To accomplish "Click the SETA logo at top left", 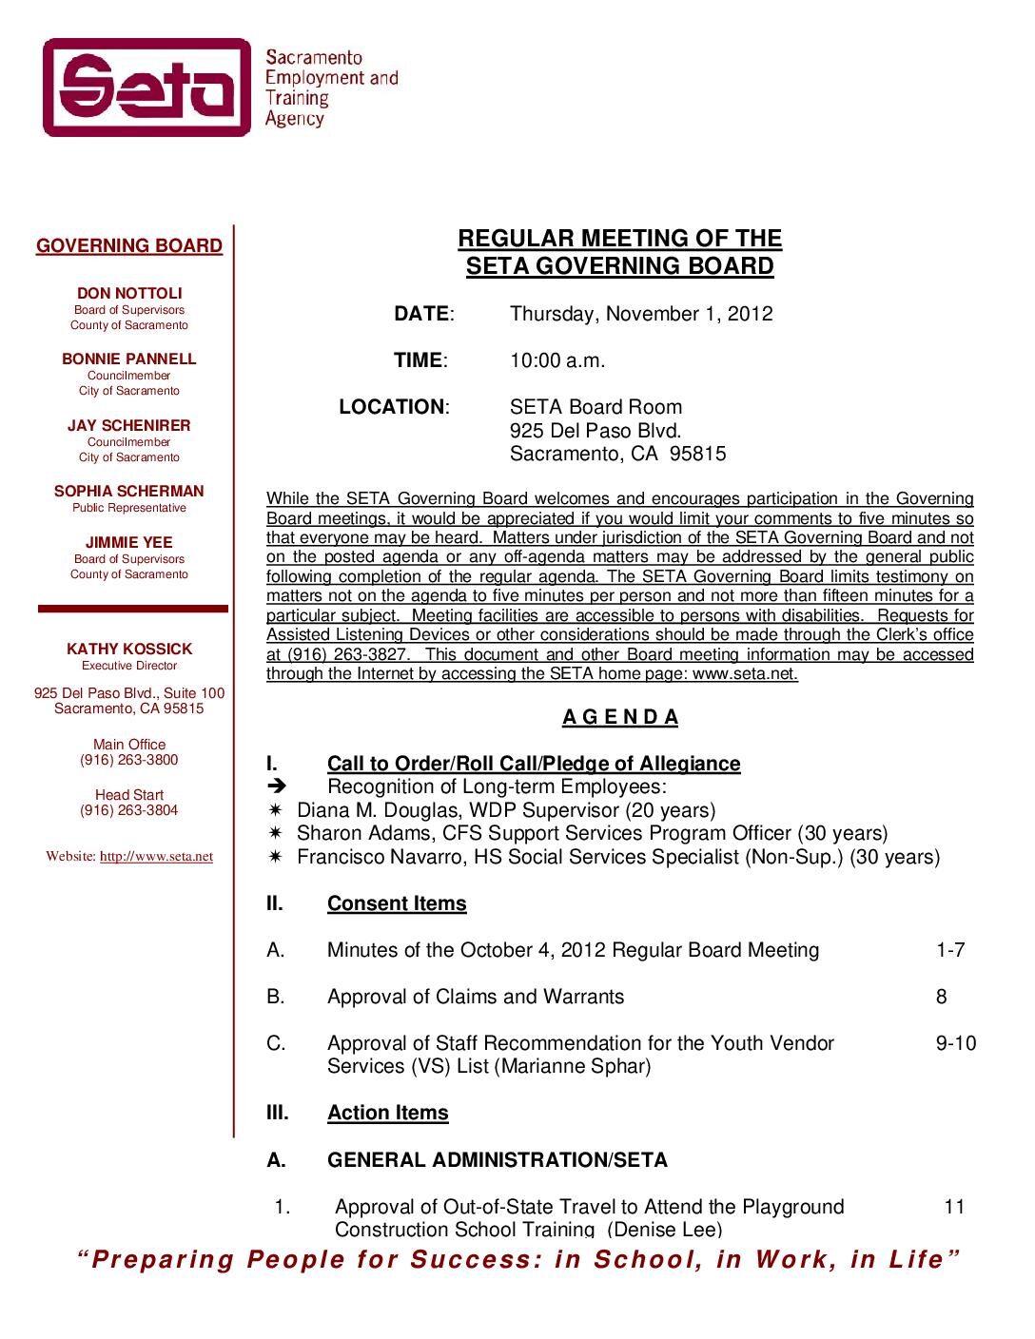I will (146, 87).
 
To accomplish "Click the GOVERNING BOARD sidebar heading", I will (129, 246).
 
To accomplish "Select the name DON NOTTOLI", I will (129, 294).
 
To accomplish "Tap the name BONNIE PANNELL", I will (129, 359).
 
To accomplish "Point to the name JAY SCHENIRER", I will (129, 426).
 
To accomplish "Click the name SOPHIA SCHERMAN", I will (129, 492).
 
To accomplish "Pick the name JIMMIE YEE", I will (129, 543).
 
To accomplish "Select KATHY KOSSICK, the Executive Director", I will (129, 650).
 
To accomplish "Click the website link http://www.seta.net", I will (156, 856).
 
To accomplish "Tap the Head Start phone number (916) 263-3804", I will (129, 810).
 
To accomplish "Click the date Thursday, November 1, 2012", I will (641, 314).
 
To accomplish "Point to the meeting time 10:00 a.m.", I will (557, 360).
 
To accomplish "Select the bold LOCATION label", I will (391, 407).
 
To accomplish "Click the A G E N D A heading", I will (620, 717).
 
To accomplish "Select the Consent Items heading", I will (397, 903).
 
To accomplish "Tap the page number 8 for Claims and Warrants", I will (941, 997).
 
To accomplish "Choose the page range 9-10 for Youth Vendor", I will (955, 1043).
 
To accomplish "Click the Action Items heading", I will (387, 1113).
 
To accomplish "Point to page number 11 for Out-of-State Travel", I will (954, 1207).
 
